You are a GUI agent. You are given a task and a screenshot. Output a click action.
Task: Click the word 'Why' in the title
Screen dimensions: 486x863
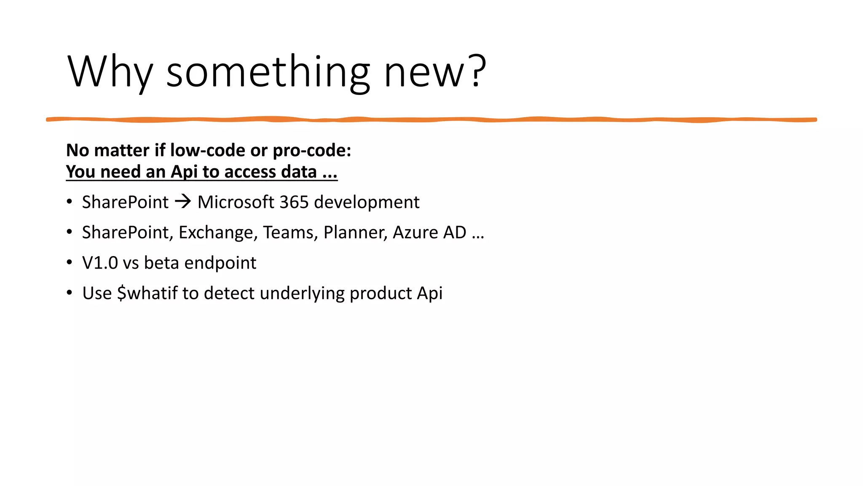click(110, 72)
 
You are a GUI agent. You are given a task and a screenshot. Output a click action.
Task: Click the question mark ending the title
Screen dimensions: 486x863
click(478, 72)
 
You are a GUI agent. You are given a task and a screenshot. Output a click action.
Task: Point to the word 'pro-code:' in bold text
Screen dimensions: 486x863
click(312, 151)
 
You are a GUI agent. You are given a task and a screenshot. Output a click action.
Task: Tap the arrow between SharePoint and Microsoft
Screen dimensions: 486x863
click(183, 202)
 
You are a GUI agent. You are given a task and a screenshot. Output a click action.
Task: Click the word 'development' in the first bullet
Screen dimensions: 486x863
click(367, 202)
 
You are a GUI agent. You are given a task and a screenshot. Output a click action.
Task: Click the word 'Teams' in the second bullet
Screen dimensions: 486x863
click(290, 232)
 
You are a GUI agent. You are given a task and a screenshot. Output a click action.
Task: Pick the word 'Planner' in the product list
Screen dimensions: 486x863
click(355, 232)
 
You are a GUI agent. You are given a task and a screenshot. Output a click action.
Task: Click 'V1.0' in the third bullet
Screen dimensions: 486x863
click(100, 263)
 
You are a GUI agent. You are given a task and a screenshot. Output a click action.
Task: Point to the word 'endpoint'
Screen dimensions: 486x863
click(220, 263)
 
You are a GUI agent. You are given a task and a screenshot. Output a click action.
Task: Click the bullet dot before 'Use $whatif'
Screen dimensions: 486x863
click(70, 293)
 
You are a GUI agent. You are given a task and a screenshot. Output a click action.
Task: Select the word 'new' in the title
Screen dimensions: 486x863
click(426, 72)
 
